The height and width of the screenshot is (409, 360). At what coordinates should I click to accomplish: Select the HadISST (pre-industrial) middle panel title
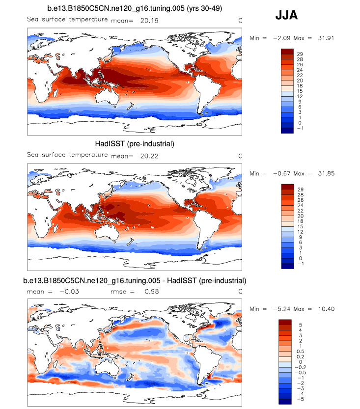[x=135, y=144]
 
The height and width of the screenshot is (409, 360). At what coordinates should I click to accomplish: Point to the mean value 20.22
[x=142, y=156]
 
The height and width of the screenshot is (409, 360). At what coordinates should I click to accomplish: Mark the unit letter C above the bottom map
[x=240, y=291]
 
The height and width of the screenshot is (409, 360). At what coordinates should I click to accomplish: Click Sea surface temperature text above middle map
[x=67, y=155]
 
